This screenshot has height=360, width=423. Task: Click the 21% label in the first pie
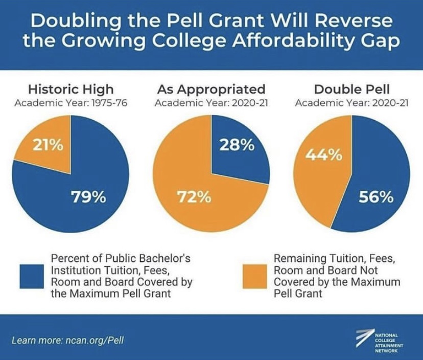[49, 145]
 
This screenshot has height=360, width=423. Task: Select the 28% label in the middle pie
[237, 145]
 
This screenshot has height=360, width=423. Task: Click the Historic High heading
[70, 89]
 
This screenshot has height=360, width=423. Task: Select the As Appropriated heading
[211, 89]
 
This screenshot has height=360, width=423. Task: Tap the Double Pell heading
[352, 89]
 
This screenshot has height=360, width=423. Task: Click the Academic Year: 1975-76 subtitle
[70, 103]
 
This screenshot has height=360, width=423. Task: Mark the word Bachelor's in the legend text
[163, 258]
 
